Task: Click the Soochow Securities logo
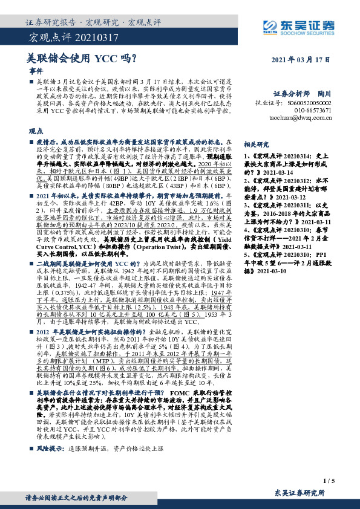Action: tap(298, 26)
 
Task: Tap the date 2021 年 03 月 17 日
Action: tap(299, 60)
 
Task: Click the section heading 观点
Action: tap(36, 131)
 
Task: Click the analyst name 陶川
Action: tap(324, 94)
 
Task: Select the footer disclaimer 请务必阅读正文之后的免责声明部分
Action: tap(76, 498)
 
